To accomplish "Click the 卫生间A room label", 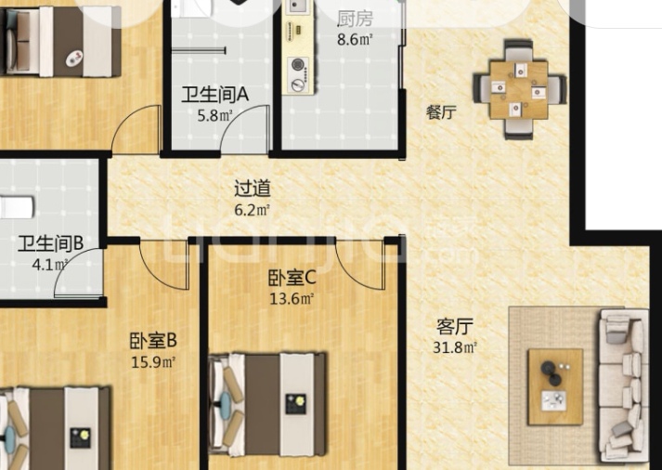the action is click(214, 94).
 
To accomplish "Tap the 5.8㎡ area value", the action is click(215, 115).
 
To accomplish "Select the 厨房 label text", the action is click(355, 19).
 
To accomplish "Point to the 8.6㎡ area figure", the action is click(355, 39).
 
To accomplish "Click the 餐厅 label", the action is click(441, 112).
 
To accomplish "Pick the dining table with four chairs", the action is click(519, 89).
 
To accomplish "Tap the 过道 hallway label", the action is click(253, 189).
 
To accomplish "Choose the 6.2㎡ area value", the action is click(252, 209).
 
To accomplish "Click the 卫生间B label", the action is click(51, 243).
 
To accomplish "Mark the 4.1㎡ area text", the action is click(50, 265).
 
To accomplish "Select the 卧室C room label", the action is click(292, 278).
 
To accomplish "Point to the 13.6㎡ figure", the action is click(292, 299).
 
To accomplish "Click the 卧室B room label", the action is click(153, 340).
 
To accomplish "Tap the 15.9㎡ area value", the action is click(153, 362).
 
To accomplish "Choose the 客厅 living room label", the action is click(455, 326).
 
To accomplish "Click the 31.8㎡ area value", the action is click(455, 347).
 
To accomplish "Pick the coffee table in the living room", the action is click(555, 386).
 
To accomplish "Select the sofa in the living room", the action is click(624, 385).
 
